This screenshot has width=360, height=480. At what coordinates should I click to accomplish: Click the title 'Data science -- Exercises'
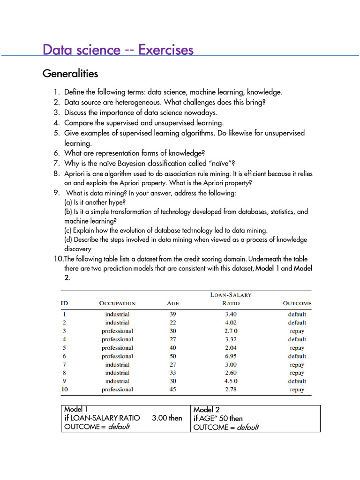pyautogui.click(x=118, y=50)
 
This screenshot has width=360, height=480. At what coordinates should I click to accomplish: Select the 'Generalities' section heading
pyautogui.click(x=70, y=74)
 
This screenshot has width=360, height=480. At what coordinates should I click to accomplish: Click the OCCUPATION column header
pyautogui.click(x=117, y=303)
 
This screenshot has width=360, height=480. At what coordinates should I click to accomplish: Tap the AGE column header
pyautogui.click(x=173, y=303)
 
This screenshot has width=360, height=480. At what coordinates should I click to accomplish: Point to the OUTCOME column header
pyautogui.click(x=297, y=303)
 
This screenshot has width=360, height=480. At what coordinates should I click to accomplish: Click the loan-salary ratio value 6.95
pyautogui.click(x=230, y=356)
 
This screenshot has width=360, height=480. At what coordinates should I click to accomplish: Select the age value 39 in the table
pyautogui.click(x=173, y=315)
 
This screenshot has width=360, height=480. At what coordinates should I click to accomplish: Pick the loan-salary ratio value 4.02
pyautogui.click(x=230, y=323)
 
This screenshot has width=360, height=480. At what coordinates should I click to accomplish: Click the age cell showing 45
pyautogui.click(x=173, y=390)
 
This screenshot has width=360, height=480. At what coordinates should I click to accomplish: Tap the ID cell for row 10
pyautogui.click(x=65, y=390)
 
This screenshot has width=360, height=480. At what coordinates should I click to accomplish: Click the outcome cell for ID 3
pyautogui.click(x=297, y=331)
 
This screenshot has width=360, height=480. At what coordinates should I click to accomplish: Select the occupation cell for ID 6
pyautogui.click(x=117, y=356)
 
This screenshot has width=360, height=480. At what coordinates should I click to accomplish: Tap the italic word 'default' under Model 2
pyautogui.click(x=247, y=427)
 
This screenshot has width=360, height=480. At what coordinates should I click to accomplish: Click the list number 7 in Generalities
pyautogui.click(x=56, y=163)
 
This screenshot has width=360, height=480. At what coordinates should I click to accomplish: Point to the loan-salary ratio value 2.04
pyautogui.click(x=230, y=348)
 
